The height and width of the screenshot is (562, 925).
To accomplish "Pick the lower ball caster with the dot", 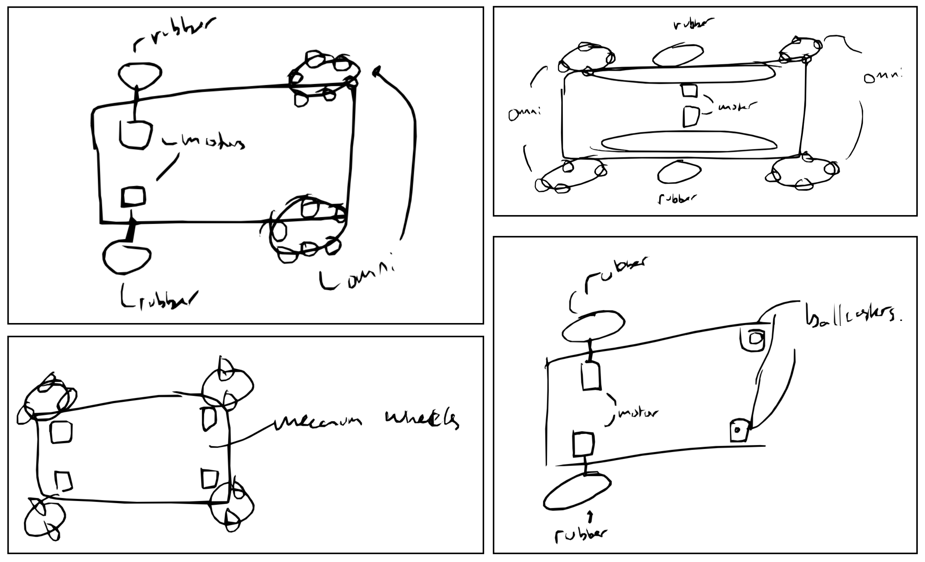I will click(x=738, y=431).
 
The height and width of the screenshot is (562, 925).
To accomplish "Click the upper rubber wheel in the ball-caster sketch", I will click(x=593, y=326).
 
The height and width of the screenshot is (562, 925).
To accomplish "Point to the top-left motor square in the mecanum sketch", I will click(x=61, y=432).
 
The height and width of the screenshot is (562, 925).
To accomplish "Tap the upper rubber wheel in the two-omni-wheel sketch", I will click(x=140, y=74).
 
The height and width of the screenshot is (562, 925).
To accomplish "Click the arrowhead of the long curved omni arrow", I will click(x=376, y=71).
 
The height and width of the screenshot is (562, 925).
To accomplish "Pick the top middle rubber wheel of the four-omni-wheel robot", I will click(x=678, y=56).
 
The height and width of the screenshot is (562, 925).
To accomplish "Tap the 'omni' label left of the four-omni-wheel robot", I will click(x=524, y=113).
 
